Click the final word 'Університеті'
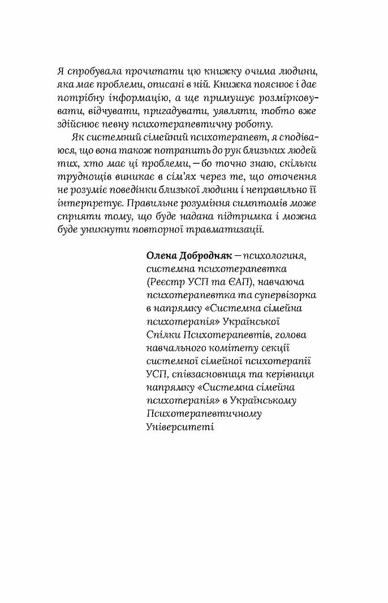click(x=176, y=427)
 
